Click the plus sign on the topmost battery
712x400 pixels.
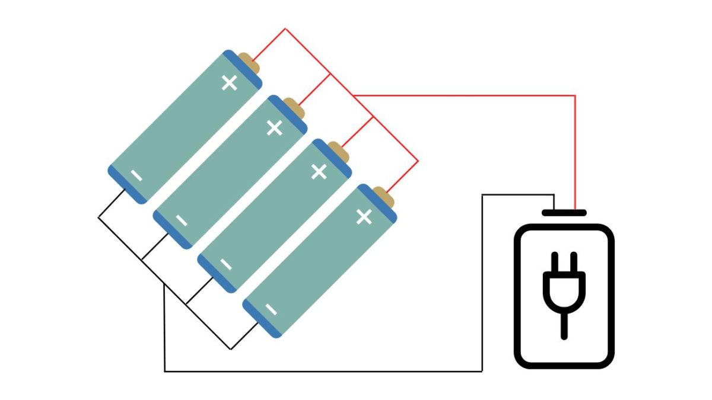pyautogui.click(x=229, y=83)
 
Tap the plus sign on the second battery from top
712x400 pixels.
pyautogui.click(x=274, y=127)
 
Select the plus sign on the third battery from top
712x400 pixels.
pyautogui.click(x=319, y=172)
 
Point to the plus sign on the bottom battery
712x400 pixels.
pyautogui.click(x=364, y=217)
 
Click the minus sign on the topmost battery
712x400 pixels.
pyautogui.click(x=136, y=176)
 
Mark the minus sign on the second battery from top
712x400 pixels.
pyautogui.click(x=182, y=221)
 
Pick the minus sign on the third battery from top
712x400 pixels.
pyautogui.click(x=226, y=265)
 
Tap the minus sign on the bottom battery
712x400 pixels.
pyautogui.click(x=271, y=309)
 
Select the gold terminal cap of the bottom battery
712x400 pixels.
pyautogui.click(x=384, y=197)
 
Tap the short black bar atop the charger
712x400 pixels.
pyautogui.click(x=564, y=212)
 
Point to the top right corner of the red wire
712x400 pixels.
pyautogui.click(x=575, y=95)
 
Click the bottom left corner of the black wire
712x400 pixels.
pyautogui.click(x=164, y=372)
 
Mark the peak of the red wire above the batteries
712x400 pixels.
pyautogui.click(x=285, y=28)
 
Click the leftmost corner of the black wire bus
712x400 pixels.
pyautogui.click(x=98, y=217)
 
